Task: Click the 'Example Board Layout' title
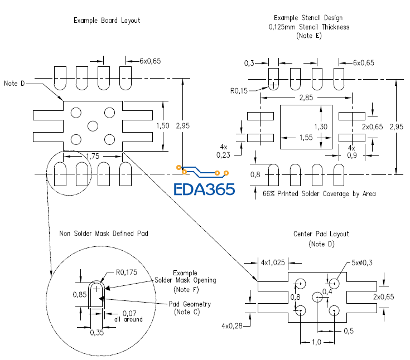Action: click(107, 21)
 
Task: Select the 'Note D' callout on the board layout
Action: click(15, 83)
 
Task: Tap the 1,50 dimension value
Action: click(163, 126)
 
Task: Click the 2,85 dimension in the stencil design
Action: click(306, 98)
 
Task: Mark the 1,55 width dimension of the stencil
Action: click(306, 137)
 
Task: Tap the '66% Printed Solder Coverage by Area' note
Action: click(319, 194)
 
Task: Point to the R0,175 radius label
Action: click(126, 273)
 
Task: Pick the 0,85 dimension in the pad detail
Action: click(80, 293)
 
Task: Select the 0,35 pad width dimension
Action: click(97, 332)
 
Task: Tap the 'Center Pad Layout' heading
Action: click(321, 234)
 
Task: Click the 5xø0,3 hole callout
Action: click(363, 263)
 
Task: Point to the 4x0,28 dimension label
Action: click(233, 325)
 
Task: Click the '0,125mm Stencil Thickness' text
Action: click(309, 27)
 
